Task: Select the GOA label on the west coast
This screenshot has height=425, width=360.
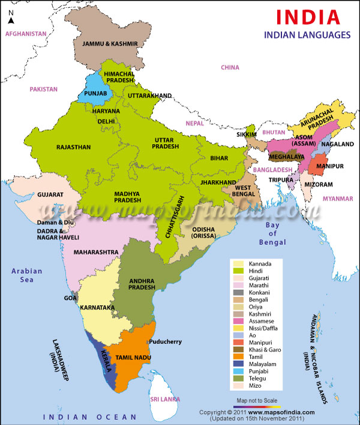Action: [71, 297]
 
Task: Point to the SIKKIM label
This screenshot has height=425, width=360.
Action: [246, 135]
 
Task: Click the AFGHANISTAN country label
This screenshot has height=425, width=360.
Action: [26, 34]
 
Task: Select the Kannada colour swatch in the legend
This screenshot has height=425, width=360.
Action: [238, 264]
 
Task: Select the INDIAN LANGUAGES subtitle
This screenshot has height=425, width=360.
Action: [307, 35]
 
